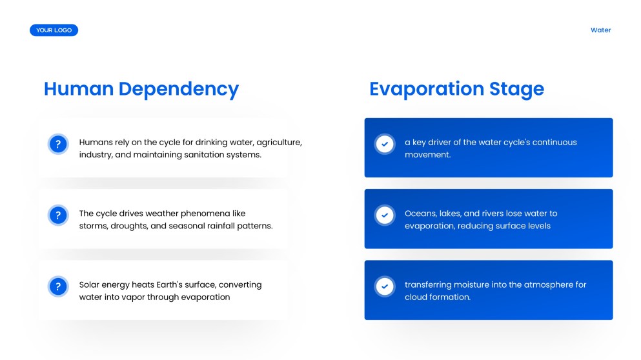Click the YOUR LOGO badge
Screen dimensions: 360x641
click(54, 30)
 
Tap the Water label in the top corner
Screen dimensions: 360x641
click(600, 30)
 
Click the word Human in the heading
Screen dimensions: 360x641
click(79, 89)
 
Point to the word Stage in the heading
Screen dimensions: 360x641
click(516, 89)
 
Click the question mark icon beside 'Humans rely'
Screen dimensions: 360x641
click(58, 144)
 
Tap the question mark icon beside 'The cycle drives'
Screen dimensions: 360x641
click(58, 215)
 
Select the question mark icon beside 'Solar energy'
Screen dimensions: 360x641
click(58, 286)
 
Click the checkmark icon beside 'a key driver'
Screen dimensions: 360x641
click(385, 144)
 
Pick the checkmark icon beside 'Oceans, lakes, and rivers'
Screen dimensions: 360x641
click(385, 215)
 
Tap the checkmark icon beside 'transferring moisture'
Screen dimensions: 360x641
click(385, 286)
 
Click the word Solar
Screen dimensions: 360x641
click(90, 285)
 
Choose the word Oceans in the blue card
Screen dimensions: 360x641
click(420, 214)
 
